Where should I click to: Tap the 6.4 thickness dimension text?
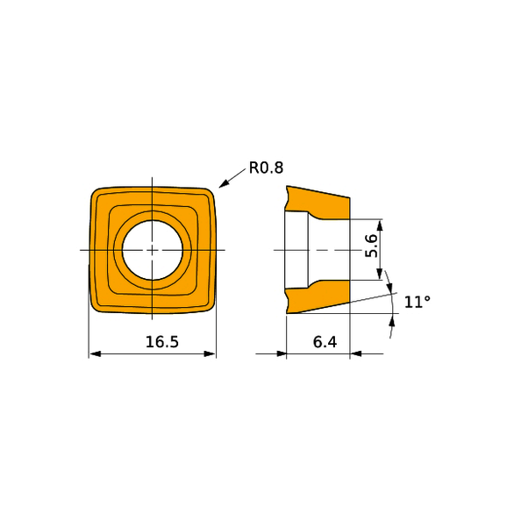325,342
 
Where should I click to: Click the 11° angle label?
417,302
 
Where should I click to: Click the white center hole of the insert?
153,250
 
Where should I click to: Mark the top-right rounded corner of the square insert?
211,191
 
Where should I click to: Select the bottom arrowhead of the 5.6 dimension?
380,275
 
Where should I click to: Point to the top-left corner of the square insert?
95,191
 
